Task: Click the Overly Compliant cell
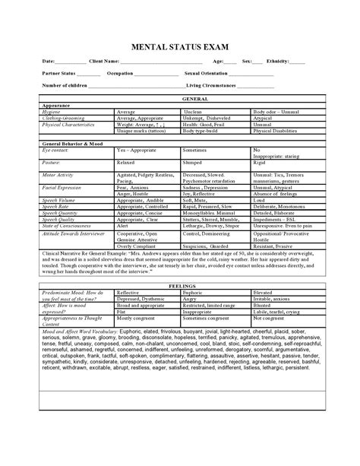tap(137, 246)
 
